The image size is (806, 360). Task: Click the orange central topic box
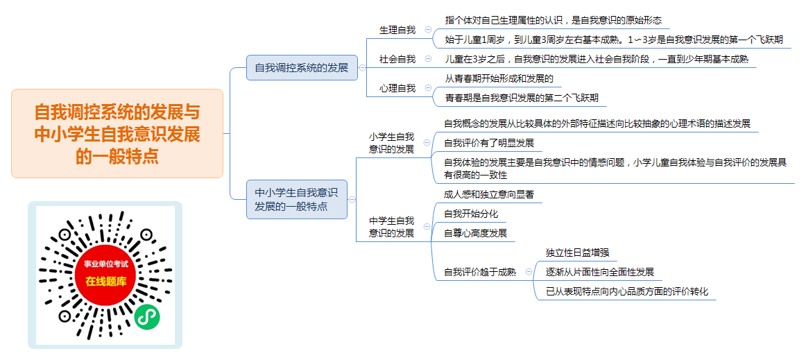(117, 134)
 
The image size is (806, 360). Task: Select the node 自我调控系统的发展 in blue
(302, 67)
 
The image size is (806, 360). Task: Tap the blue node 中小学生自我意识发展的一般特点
(297, 200)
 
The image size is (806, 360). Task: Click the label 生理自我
(397, 30)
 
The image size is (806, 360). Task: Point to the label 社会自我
(397, 59)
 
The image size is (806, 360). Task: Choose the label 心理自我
(397, 88)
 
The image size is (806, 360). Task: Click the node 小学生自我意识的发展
(391, 143)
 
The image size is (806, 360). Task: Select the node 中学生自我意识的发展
(391, 227)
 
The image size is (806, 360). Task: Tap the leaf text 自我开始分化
(471, 214)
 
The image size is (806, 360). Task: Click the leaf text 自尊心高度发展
(475, 233)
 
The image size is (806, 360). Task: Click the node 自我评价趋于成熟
(480, 272)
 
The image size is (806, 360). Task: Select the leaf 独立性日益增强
(577, 252)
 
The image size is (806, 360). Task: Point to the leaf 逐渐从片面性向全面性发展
(600, 272)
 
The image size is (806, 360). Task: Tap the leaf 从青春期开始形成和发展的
(499, 78)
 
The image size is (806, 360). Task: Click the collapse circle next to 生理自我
(428, 30)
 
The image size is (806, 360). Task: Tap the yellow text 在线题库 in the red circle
(105, 282)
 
